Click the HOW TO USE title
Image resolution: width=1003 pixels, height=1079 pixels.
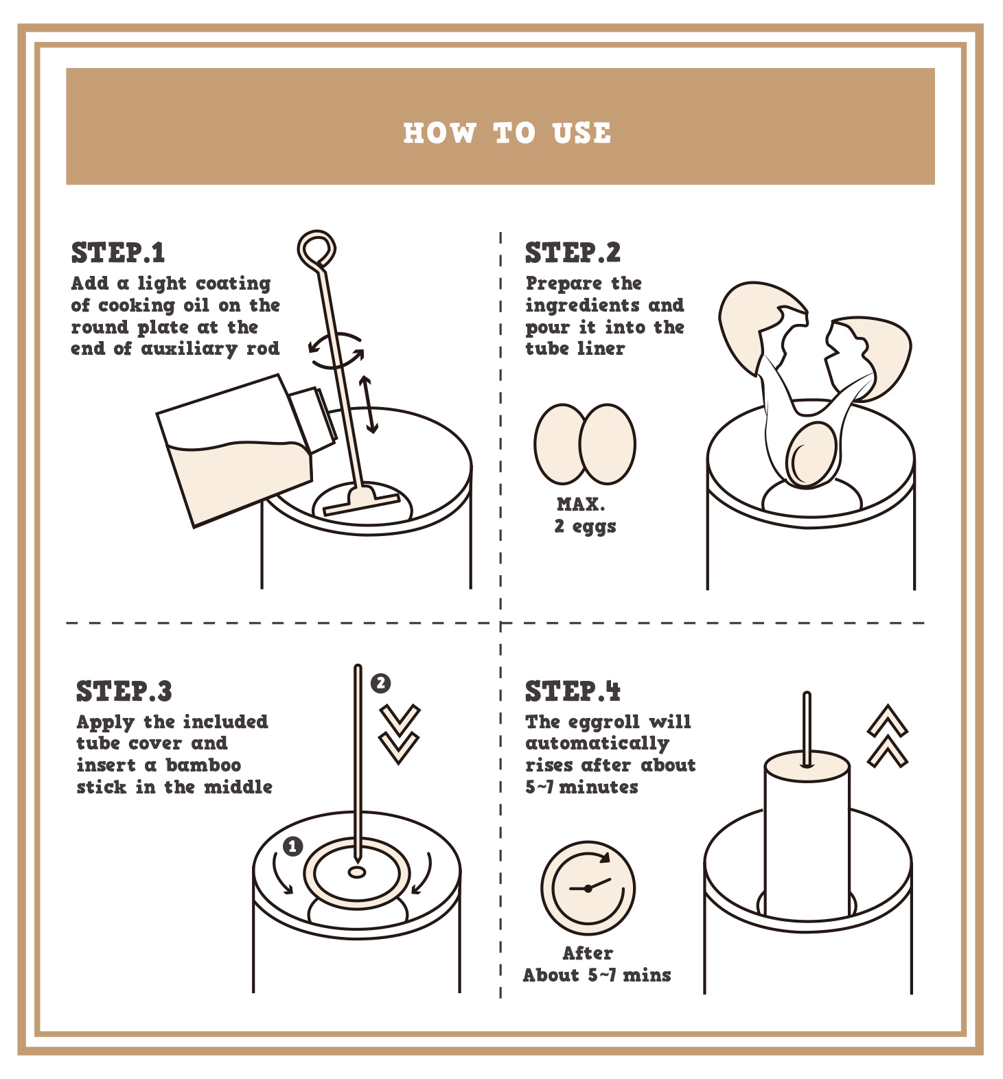pyautogui.click(x=507, y=133)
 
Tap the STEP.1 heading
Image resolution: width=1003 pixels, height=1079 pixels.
pyautogui.click(x=118, y=253)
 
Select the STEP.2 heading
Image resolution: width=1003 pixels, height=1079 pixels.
pyautogui.click(x=573, y=253)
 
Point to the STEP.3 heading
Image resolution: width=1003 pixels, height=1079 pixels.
pyautogui.click(x=124, y=691)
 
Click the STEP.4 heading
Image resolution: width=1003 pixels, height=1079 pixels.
pyautogui.click(x=573, y=691)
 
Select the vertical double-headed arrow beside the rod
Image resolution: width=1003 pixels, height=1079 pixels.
pyautogui.click(x=369, y=404)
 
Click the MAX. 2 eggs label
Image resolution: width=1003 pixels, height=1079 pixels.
pyautogui.click(x=585, y=515)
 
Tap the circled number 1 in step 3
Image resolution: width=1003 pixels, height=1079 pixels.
pyautogui.click(x=293, y=846)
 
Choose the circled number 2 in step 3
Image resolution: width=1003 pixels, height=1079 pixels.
pyautogui.click(x=380, y=683)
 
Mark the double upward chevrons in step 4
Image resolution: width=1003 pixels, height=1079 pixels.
pyautogui.click(x=887, y=735)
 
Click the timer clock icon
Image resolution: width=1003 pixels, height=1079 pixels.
pyautogui.click(x=588, y=889)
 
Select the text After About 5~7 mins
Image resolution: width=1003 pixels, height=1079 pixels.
pyautogui.click(x=597, y=964)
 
